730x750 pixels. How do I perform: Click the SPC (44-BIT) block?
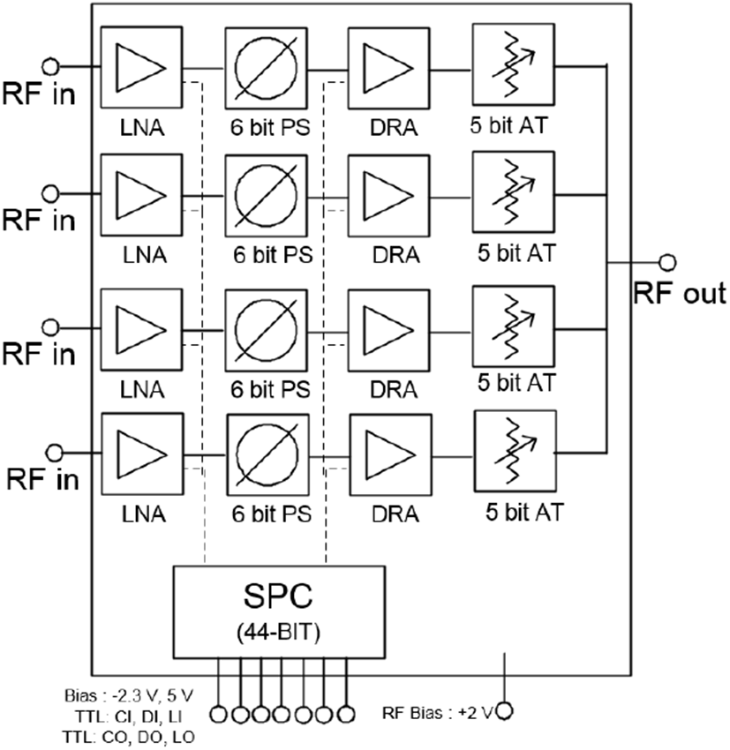tap(279, 611)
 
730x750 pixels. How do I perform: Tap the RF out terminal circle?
tap(667, 262)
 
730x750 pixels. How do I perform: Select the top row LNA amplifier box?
tap(141, 67)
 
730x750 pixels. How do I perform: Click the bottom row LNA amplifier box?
tap(142, 454)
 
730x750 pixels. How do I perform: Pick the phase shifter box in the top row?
tap(266, 69)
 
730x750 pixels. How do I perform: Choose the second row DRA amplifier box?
tap(388, 196)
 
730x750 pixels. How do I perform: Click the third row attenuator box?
tap(514, 326)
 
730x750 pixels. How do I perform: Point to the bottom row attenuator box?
tap(516, 451)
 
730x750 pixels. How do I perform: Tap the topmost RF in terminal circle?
tap(51, 66)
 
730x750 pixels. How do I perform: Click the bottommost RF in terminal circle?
tap(55, 452)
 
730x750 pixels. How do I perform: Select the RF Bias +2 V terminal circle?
tap(505, 711)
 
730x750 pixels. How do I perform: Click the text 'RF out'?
tap(680, 293)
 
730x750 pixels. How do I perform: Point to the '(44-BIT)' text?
tap(278, 633)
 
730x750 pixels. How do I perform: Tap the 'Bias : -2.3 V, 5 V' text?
tap(129, 695)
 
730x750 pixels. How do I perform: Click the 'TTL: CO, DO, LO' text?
tap(128, 737)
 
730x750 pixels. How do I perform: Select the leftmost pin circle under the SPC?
tap(219, 715)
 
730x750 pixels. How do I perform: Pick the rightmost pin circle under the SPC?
tap(346, 715)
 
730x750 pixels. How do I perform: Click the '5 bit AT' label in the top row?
tap(508, 125)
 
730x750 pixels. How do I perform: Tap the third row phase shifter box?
tap(266, 330)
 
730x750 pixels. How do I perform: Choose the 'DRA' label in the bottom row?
tap(395, 514)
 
